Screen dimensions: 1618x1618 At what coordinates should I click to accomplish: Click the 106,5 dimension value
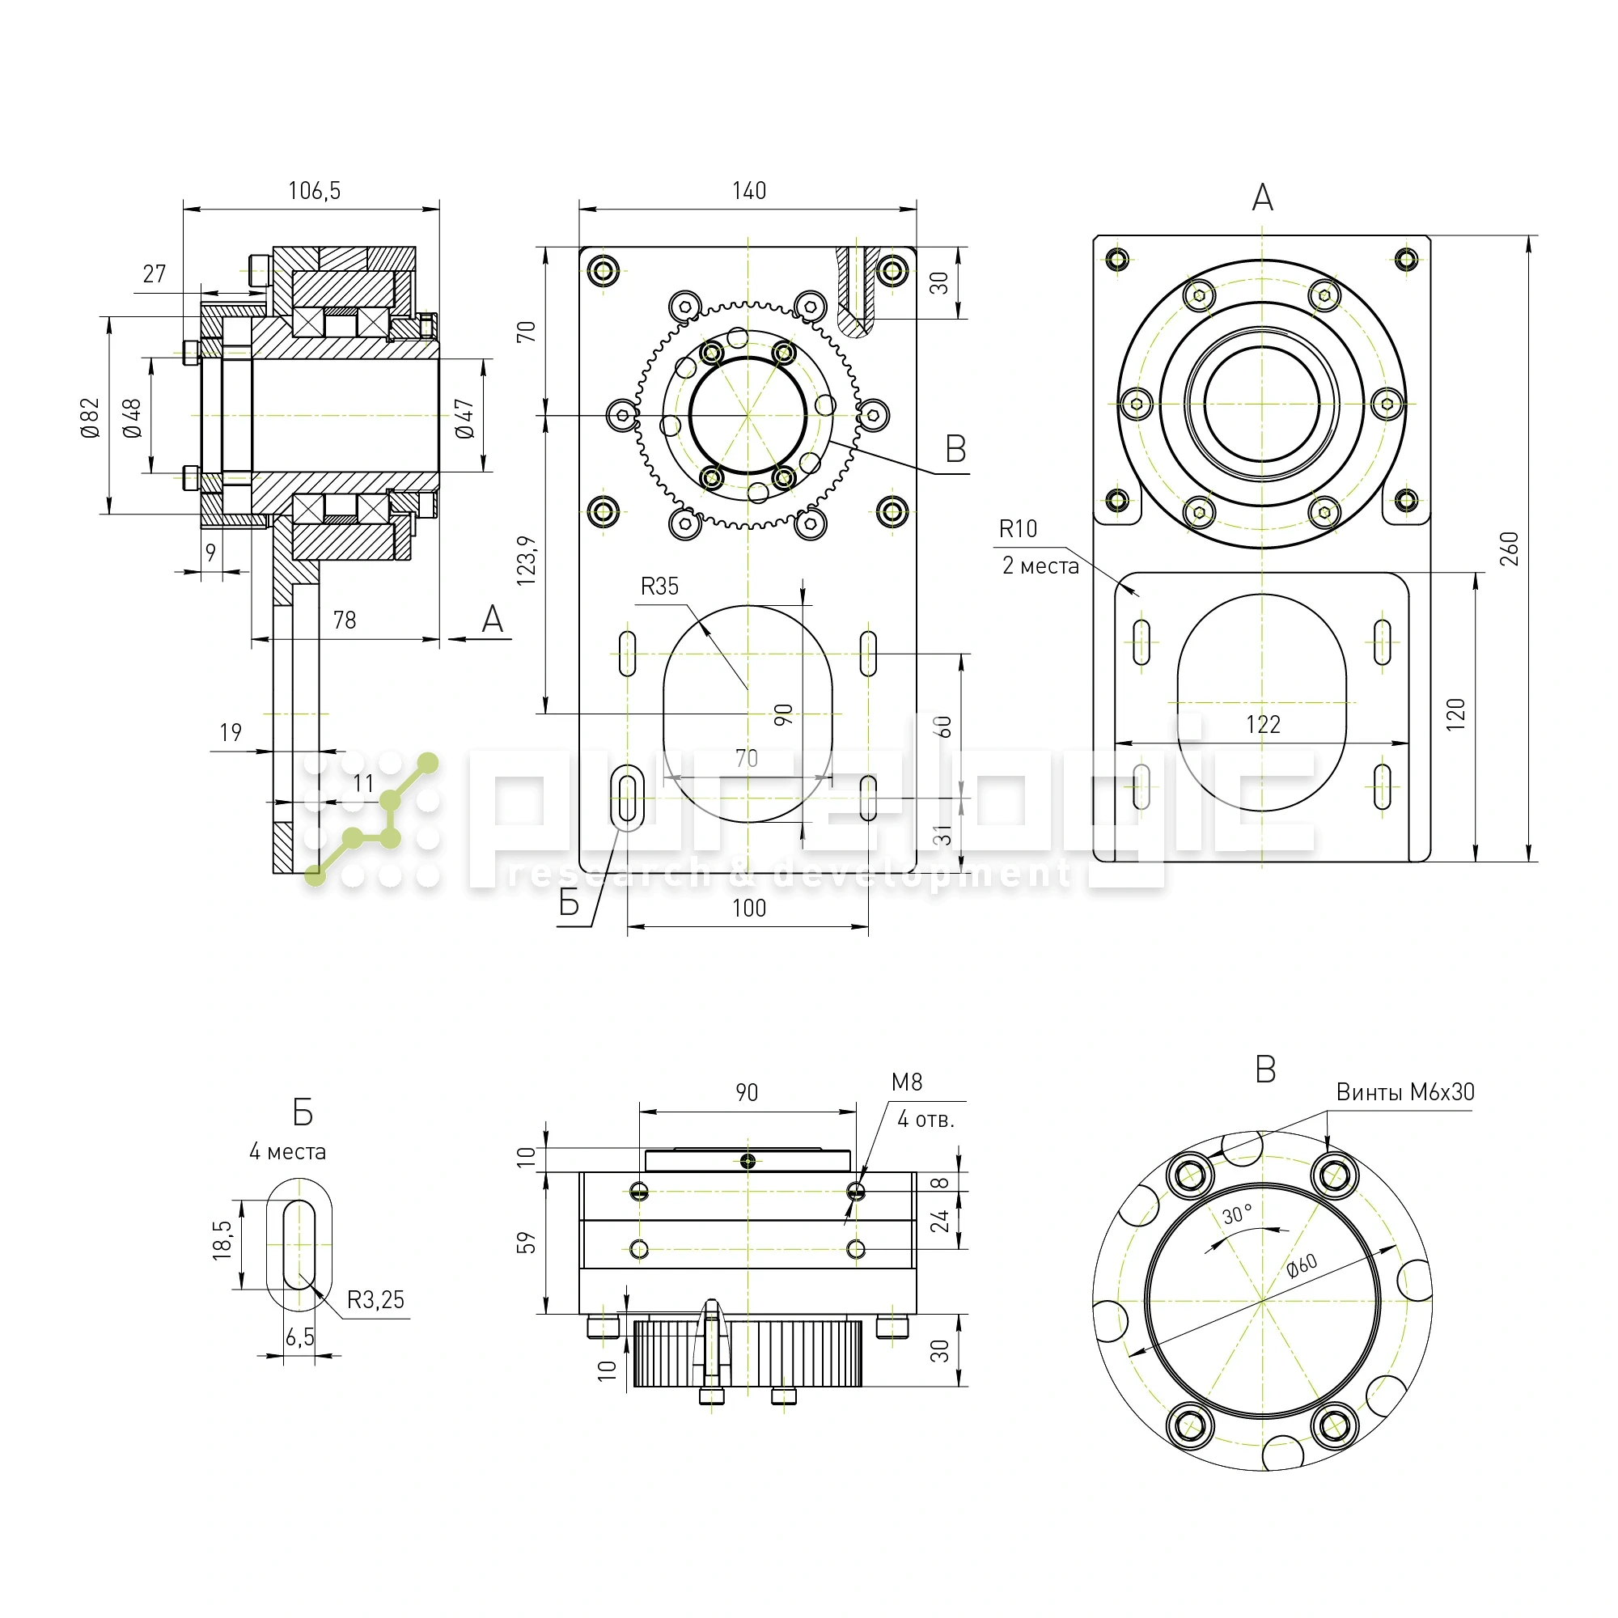tap(314, 191)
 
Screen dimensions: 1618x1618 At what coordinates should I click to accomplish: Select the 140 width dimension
tap(748, 191)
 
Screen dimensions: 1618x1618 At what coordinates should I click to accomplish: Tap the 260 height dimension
tap(1508, 549)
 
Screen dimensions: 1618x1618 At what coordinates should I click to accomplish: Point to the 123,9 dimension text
tap(526, 561)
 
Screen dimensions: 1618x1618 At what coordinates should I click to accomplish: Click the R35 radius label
tap(659, 587)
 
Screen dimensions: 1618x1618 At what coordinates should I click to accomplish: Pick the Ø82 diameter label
tap(90, 417)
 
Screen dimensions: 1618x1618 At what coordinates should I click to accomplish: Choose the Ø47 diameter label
tap(465, 418)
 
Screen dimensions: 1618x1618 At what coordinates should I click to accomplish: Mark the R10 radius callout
tap(1018, 528)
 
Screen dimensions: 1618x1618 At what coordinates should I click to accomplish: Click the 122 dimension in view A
tap(1263, 724)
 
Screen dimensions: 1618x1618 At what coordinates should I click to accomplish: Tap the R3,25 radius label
tap(375, 1300)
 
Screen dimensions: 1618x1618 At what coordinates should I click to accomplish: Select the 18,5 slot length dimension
tap(222, 1239)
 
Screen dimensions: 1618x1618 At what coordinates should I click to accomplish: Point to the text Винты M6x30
tap(1404, 1092)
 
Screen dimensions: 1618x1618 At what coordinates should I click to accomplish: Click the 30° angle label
tap(1237, 1214)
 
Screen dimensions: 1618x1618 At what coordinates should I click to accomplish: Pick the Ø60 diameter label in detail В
tap(1302, 1265)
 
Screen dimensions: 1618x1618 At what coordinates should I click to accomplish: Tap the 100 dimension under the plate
tap(748, 908)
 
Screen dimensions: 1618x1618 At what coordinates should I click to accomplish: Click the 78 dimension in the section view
tap(344, 620)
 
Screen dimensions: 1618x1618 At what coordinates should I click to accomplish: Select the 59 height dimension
tap(526, 1242)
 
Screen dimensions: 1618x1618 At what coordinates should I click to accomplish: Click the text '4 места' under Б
tap(287, 1151)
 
